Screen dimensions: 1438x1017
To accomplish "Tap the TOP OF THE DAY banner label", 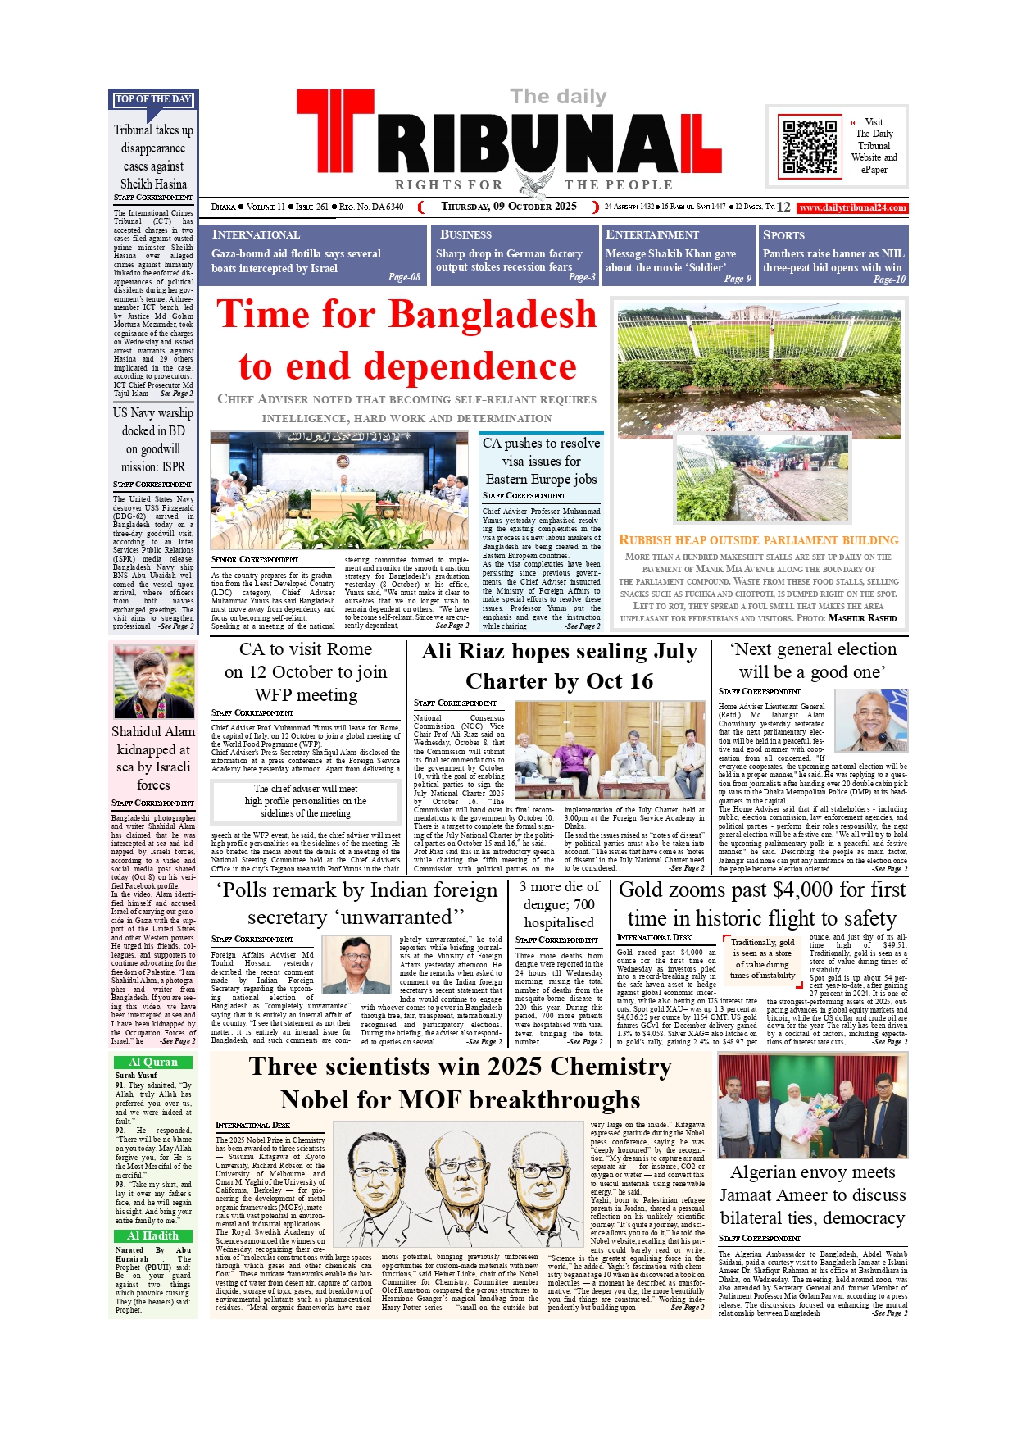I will click(x=153, y=99).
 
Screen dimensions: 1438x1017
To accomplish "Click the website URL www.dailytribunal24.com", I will click(x=852, y=207).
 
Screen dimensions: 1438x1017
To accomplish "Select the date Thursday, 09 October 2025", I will click(x=509, y=207).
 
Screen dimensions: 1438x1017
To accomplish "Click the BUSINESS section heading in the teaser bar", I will click(x=465, y=234).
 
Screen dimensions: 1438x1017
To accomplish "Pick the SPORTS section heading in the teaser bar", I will click(x=783, y=235).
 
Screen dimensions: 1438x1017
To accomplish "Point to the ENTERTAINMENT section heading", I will click(x=652, y=234).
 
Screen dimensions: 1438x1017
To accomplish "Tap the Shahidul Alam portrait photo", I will click(x=153, y=682).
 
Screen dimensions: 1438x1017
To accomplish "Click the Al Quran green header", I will click(x=153, y=1062).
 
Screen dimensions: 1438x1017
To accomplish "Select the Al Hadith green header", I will click(x=153, y=1235).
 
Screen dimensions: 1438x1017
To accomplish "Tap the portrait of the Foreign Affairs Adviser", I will click(x=356, y=965).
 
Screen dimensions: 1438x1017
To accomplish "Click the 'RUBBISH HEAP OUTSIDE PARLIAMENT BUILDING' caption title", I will click(x=758, y=540).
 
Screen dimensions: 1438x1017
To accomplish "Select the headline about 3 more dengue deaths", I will click(x=559, y=904).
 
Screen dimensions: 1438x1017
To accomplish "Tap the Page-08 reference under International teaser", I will click(x=404, y=277).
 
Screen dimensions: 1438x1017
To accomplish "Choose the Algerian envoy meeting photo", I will click(x=812, y=1106).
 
